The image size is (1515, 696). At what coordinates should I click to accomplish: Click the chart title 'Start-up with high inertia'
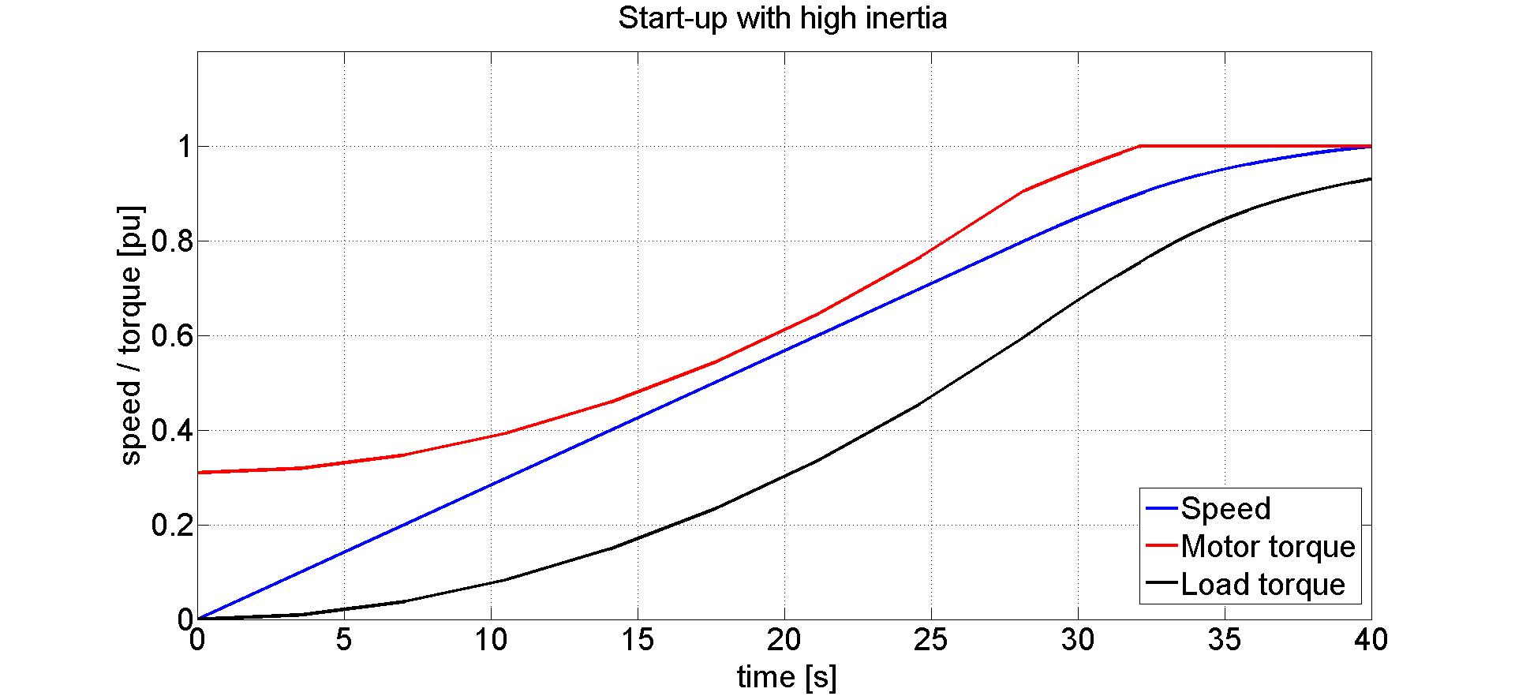782,18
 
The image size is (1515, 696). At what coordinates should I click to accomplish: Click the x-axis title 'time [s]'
786,677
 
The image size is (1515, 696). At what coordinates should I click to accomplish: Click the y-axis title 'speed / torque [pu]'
131,335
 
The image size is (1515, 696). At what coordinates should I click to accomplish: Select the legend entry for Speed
1225,509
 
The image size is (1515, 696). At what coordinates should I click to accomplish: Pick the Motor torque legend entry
1267,547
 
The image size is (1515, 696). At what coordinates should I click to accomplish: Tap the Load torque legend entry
1262,585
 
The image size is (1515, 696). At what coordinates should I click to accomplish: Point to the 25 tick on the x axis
930,639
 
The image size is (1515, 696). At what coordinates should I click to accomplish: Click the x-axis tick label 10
491,639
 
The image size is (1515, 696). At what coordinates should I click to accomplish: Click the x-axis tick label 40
1370,639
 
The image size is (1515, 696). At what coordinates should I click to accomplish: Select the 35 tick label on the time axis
1224,639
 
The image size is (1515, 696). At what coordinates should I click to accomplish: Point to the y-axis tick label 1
185,147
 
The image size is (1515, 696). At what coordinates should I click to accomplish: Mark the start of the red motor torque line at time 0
199,472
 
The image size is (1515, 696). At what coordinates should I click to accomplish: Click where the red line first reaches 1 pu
1140,146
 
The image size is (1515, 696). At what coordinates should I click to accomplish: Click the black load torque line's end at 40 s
1370,179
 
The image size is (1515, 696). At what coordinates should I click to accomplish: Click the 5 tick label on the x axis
343,639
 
